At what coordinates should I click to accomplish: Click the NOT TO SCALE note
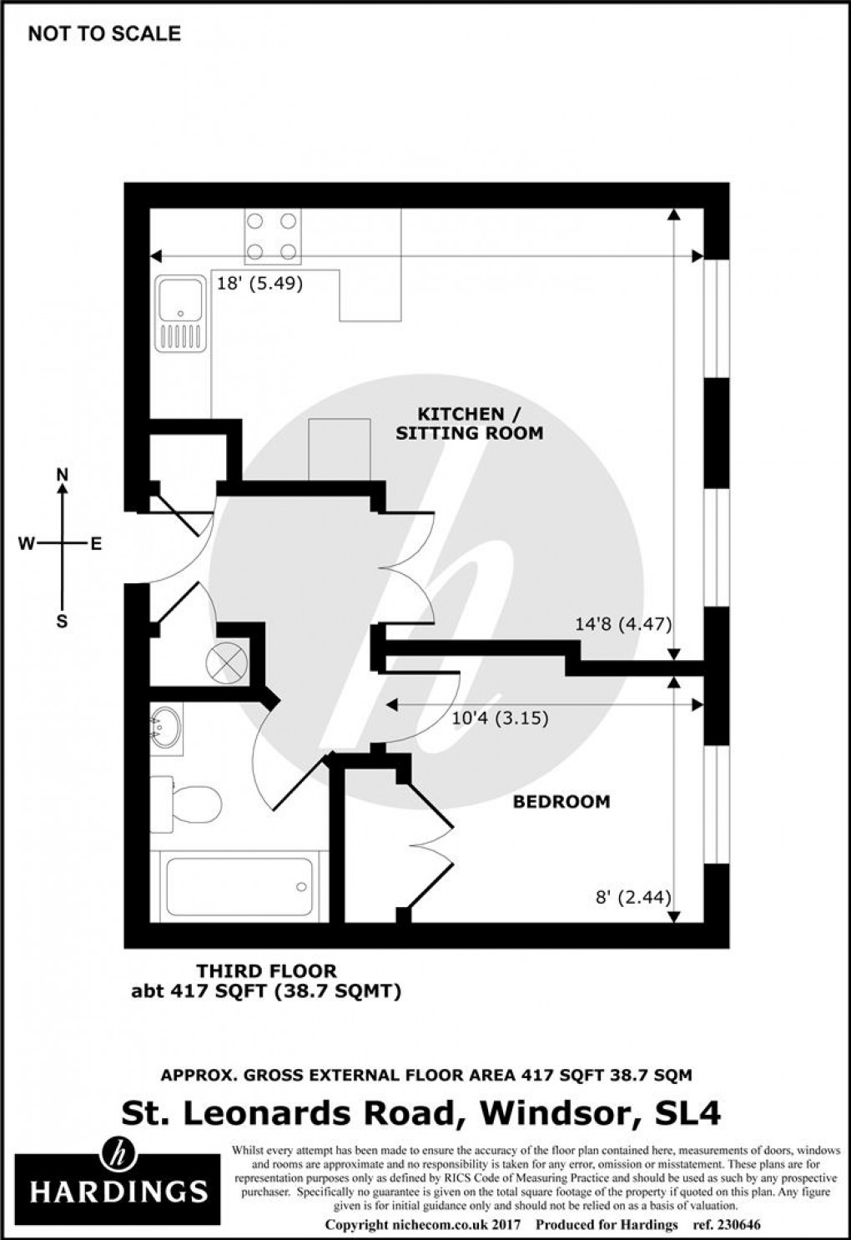pos(104,34)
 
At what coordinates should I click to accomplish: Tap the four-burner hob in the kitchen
pos(271,236)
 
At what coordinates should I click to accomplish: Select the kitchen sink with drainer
pos(179,314)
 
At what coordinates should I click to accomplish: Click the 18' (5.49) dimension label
pos(259,284)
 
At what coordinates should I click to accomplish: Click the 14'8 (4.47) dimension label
pos(623,624)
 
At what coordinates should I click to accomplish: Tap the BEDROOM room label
pos(561,802)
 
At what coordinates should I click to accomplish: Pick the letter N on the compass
pos(62,475)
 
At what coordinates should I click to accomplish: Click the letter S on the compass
pos(62,621)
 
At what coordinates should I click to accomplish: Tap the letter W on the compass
pos(27,544)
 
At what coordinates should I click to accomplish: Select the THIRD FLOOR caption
pos(266,971)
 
